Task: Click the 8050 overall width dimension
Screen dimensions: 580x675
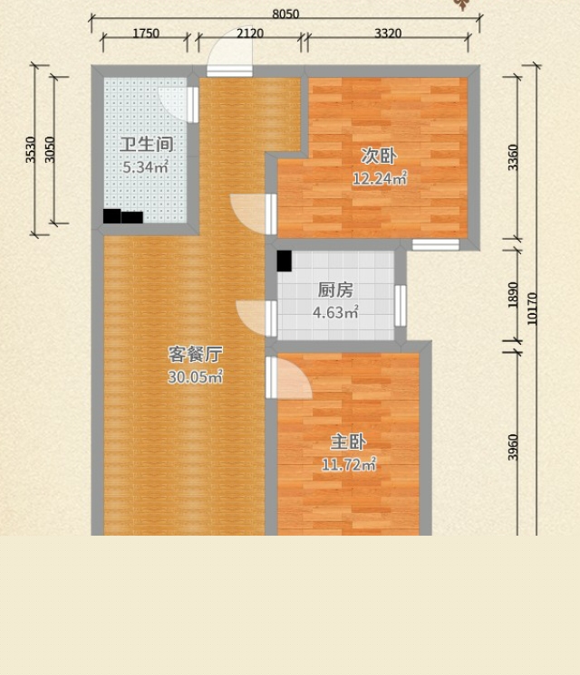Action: (285, 14)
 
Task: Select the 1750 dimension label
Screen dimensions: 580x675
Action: (146, 33)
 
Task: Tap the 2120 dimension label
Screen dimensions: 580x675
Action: (250, 33)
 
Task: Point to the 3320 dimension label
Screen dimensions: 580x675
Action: (388, 33)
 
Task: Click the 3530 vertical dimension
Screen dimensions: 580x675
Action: (30, 149)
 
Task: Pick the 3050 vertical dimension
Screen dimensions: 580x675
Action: (50, 149)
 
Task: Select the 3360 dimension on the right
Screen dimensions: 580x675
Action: (513, 157)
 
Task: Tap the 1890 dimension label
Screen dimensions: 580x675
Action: (513, 295)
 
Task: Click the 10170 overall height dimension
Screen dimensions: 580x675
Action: (532, 309)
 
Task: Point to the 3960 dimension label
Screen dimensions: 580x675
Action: (513, 447)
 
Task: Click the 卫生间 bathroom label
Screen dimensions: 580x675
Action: (147, 144)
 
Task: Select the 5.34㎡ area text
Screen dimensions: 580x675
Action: (145, 166)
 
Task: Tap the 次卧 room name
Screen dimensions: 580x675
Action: (379, 156)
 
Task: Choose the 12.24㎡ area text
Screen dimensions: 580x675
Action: (380, 177)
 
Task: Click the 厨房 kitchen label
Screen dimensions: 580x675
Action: (335, 290)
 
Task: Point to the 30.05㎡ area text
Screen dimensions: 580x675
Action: (196, 376)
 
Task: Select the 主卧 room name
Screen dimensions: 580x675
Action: (348, 442)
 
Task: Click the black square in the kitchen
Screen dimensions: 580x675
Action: (285, 261)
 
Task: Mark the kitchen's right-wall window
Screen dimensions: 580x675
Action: (401, 306)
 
